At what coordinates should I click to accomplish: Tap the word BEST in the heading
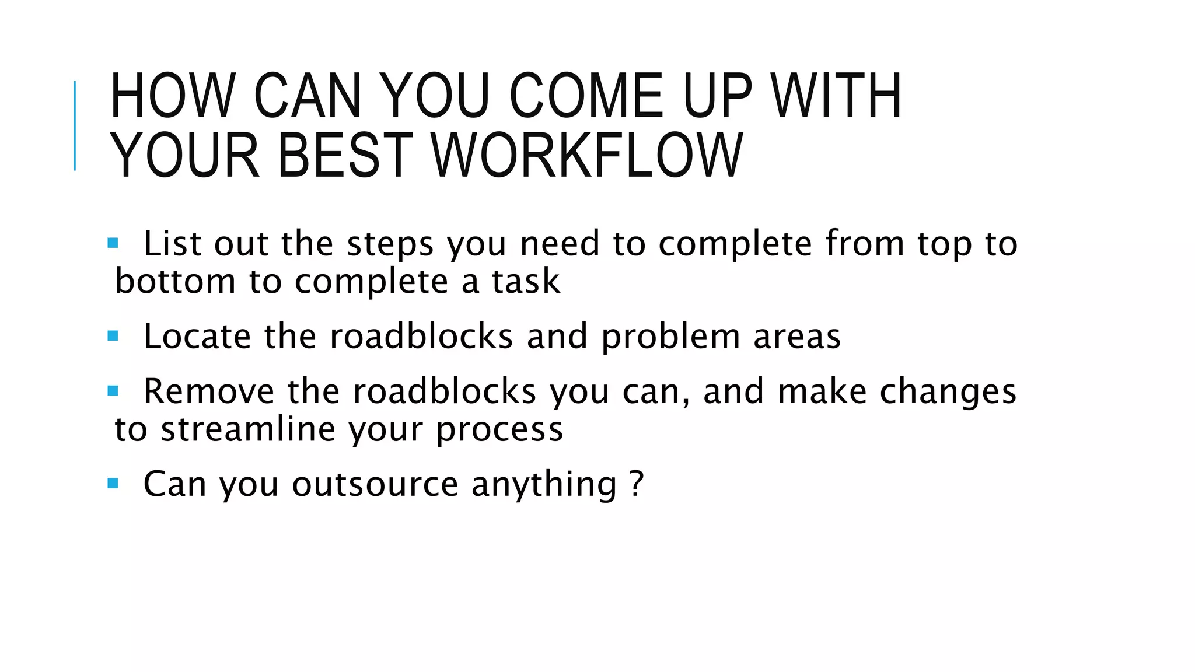coord(345,155)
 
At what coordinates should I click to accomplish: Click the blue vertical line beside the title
coord(75,125)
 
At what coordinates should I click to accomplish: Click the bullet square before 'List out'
coord(113,242)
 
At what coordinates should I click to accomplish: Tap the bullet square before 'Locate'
coord(113,335)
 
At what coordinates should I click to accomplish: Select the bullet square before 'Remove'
coord(113,390)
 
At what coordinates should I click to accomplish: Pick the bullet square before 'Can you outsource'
coord(113,483)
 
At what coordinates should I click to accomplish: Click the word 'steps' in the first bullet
coord(390,244)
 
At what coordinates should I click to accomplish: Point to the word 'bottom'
coord(174,281)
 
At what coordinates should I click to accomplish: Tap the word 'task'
coord(526,281)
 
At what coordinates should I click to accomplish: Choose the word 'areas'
coord(797,337)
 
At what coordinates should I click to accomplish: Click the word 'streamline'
coord(248,429)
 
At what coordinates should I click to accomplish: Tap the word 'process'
coord(499,430)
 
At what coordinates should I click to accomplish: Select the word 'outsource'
coord(375,484)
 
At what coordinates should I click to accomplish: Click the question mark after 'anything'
coord(637,483)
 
